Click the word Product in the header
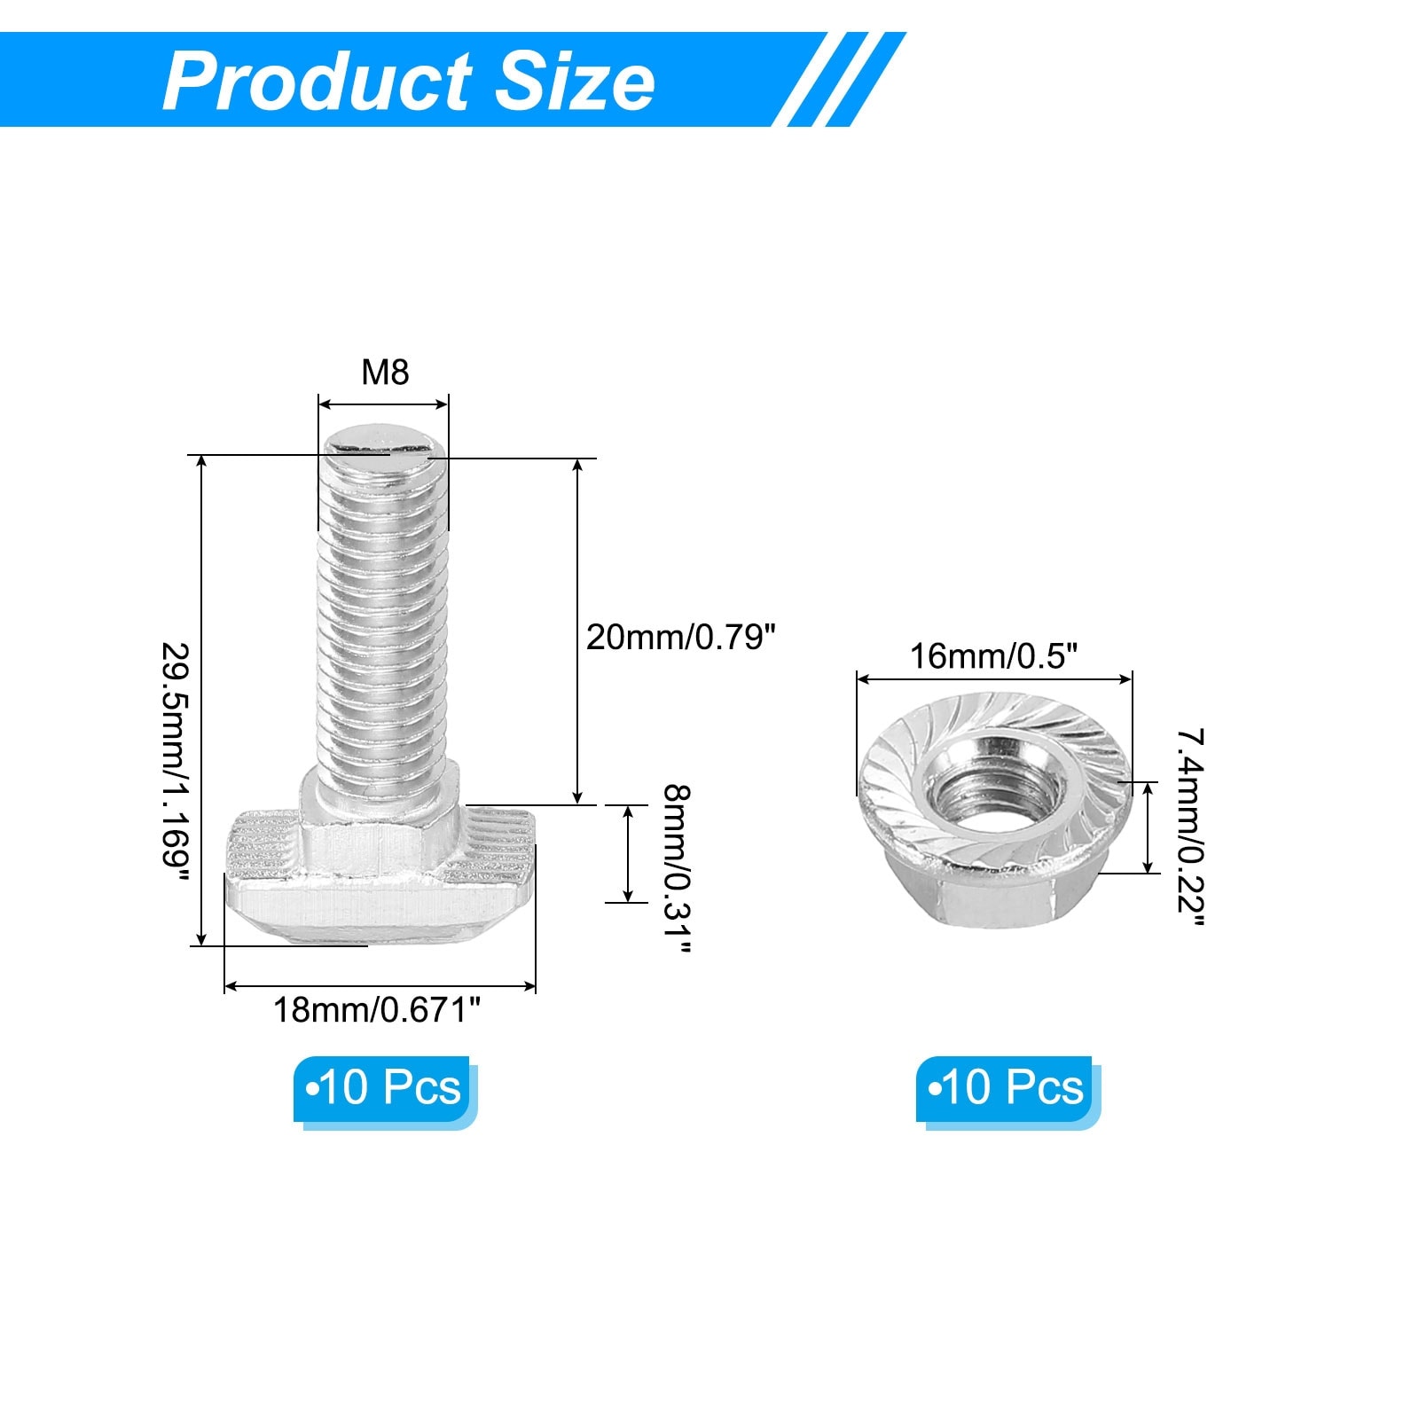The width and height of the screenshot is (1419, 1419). pyautogui.click(x=318, y=82)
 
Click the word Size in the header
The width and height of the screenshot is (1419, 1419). pyautogui.click(x=575, y=82)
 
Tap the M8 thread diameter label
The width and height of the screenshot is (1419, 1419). pyautogui.click(x=385, y=372)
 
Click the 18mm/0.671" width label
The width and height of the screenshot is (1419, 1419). pyautogui.click(x=377, y=1009)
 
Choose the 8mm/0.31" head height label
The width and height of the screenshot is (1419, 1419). pyautogui.click(x=676, y=868)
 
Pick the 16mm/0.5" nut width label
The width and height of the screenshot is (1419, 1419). pyautogui.click(x=993, y=656)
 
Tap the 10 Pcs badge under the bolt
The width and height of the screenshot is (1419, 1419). pyautogui.click(x=385, y=1091)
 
